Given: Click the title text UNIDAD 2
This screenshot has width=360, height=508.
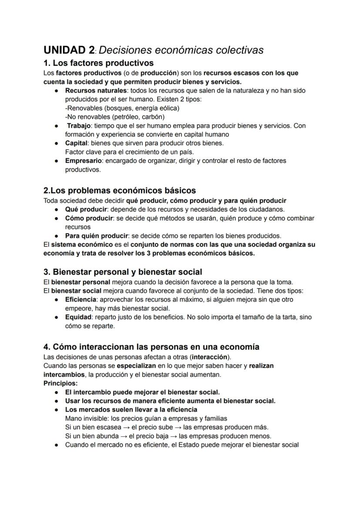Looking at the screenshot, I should (69, 50).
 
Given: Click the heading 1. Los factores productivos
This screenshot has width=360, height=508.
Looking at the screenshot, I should (99, 63).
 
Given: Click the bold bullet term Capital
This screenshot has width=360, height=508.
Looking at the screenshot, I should (76, 143).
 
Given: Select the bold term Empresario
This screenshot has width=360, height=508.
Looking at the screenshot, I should (83, 160).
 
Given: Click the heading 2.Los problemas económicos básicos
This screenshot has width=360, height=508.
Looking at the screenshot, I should (120, 190).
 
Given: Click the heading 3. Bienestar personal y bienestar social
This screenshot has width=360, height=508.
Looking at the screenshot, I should (123, 272).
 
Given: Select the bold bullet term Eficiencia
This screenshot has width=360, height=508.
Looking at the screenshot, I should (80, 299).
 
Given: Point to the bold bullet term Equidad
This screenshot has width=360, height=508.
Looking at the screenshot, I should (78, 317).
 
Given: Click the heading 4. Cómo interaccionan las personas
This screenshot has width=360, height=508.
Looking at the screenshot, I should (151, 347).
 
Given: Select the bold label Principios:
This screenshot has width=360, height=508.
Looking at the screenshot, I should (60, 383).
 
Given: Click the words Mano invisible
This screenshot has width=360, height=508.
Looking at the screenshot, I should (86, 418).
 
